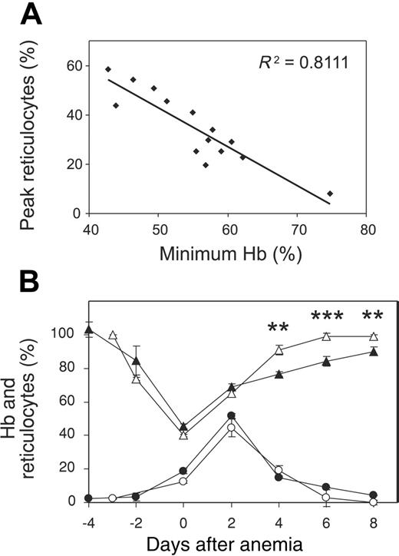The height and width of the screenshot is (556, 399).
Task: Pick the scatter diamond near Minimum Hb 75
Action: coord(330,194)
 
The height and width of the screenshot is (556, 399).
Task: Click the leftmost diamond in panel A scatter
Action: coord(108,69)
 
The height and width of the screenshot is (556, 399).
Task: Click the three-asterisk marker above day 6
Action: coord(326,316)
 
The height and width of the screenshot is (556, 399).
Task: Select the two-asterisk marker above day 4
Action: coord(278,328)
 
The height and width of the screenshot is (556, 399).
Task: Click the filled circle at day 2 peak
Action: coord(231,415)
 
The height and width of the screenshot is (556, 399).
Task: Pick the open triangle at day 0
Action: coord(183,435)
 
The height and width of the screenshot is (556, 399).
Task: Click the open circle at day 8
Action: coord(374,501)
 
